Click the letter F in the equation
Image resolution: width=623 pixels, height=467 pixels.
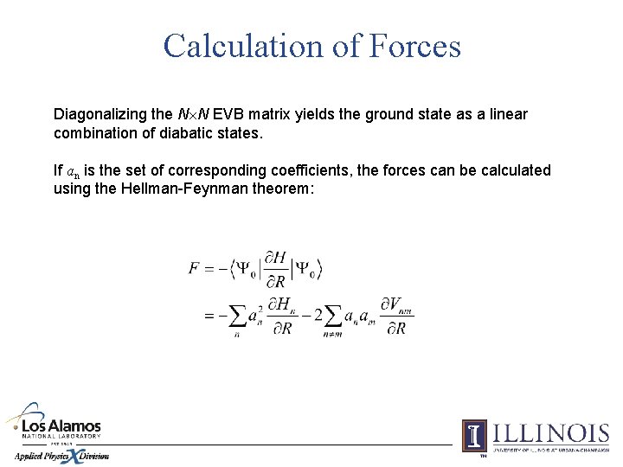point(195,268)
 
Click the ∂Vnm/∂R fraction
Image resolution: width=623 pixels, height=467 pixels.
point(395,316)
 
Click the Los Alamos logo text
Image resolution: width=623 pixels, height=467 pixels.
point(61,427)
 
